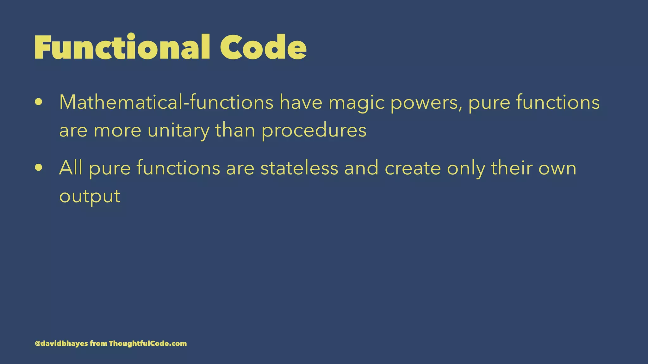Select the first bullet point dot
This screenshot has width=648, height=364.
39,102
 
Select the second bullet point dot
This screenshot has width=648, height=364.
39,167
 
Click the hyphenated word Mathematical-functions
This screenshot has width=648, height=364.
166,102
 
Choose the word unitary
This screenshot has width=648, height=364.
178,130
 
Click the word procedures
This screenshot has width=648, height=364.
314,130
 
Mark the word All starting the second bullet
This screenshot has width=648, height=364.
71,167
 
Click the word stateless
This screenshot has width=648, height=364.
299,167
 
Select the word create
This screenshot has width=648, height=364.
413,168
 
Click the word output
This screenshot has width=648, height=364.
90,196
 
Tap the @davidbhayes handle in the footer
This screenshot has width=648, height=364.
61,343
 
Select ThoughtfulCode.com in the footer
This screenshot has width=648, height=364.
148,343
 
